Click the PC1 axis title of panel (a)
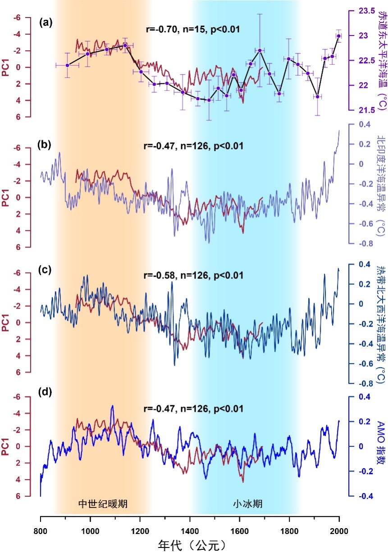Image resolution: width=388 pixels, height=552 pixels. tap(7, 67)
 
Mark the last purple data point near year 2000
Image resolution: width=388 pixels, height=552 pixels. tap(338, 36)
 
